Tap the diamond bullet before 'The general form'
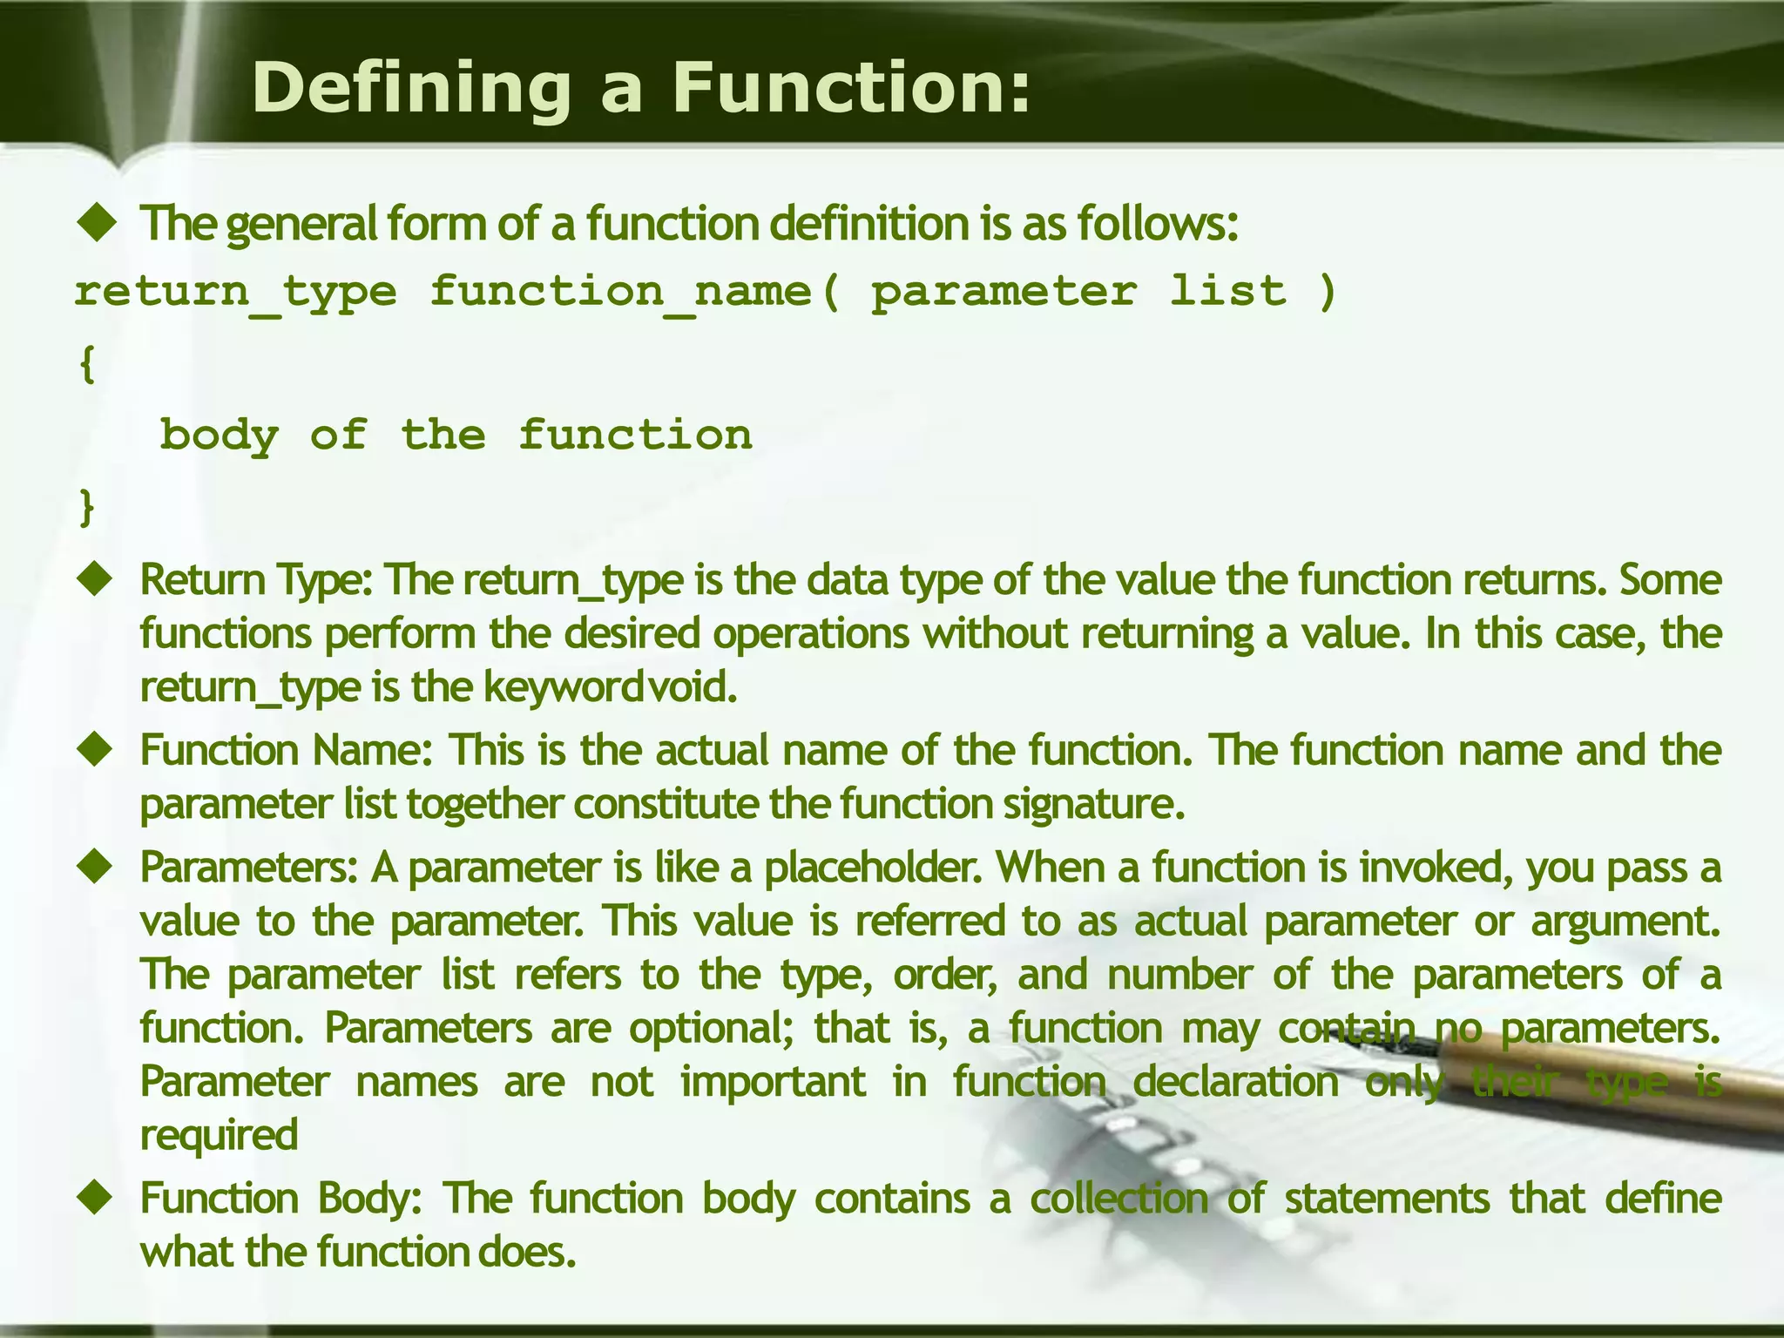pos(97,223)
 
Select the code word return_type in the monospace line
pos(236,292)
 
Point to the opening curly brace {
pos(86,365)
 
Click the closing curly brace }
pos(86,507)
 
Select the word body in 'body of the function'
pos(220,435)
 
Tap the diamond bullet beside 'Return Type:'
pos(97,579)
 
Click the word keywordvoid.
pos(610,687)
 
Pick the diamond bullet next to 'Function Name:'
pos(97,749)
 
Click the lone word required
pos(220,1135)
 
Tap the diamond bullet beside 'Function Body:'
pos(97,1198)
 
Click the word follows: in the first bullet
pos(1158,223)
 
